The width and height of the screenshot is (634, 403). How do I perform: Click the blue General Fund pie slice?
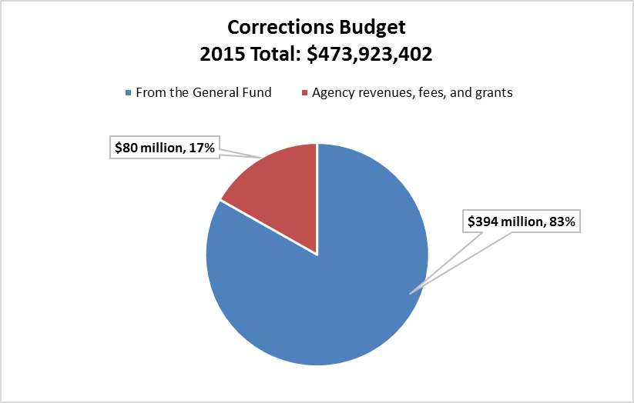pos(324,308)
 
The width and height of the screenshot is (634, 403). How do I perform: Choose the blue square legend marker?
pos(128,93)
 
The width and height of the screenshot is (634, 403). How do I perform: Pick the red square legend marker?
pos(304,93)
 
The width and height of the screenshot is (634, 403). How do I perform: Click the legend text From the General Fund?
pos(203,92)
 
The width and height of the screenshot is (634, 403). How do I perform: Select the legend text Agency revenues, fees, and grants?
pos(412,92)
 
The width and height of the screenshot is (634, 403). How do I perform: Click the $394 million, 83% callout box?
pos(522,222)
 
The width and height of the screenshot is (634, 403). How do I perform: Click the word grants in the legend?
pos(495,93)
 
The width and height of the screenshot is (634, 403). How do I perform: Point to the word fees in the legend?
pos(433,92)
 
